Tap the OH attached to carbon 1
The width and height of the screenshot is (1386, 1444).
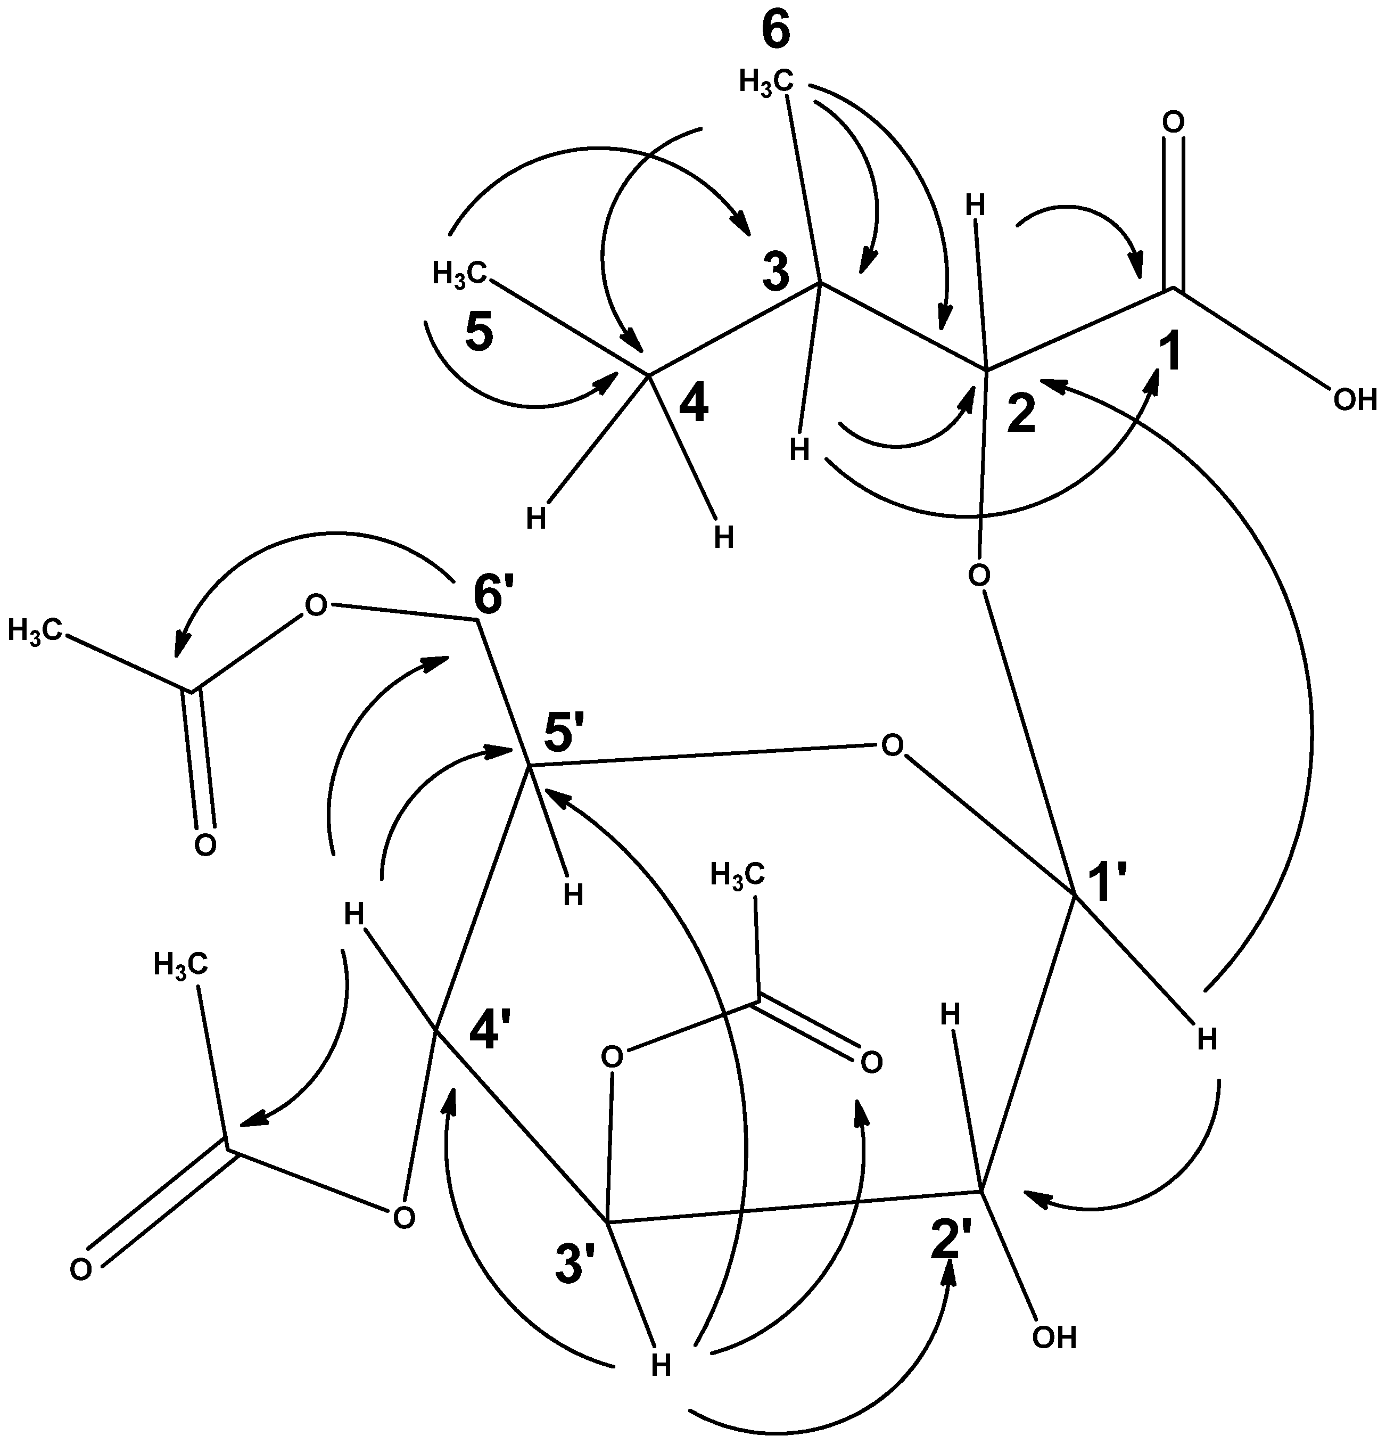pyautogui.click(x=1355, y=400)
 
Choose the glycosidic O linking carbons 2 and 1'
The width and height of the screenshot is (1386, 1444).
pyautogui.click(x=978, y=574)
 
